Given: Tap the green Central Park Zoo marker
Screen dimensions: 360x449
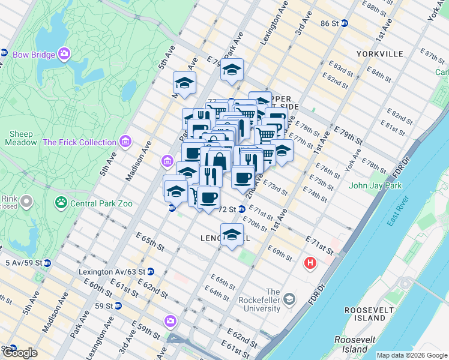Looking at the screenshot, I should click(x=61, y=203).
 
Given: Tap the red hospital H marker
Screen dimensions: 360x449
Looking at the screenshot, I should click(x=310, y=263).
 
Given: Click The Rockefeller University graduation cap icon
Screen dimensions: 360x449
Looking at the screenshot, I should click(x=289, y=299).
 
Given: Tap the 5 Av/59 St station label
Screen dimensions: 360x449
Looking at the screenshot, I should click(x=23, y=263).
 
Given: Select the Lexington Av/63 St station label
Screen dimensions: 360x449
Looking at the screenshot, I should click(x=111, y=271).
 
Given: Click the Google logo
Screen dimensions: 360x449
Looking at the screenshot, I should click(x=20, y=353).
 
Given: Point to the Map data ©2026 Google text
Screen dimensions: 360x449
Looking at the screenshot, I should click(x=411, y=355).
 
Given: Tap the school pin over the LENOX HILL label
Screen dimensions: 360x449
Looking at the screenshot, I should click(x=232, y=233).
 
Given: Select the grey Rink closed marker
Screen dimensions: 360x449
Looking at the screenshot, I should click(x=26, y=203).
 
